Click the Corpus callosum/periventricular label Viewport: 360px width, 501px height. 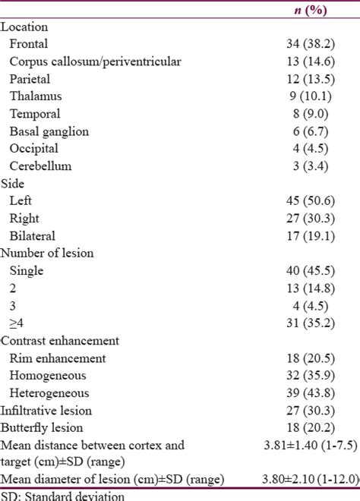click(x=95, y=61)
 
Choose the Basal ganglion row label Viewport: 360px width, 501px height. click(x=49, y=131)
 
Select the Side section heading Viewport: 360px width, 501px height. click(x=14, y=184)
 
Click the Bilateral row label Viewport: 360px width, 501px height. click(x=33, y=236)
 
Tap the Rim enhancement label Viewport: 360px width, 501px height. click(x=58, y=358)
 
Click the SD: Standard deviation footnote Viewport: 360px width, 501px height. click(x=62, y=496)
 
